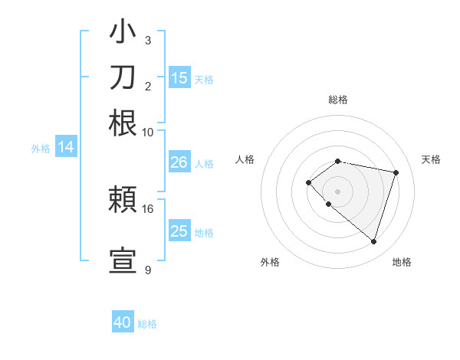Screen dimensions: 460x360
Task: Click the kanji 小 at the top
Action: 123,34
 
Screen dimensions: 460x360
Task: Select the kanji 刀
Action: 123,79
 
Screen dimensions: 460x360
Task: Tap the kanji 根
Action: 123,123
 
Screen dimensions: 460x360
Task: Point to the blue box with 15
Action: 179,77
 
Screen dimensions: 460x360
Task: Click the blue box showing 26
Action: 179,162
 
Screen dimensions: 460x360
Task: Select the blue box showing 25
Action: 179,231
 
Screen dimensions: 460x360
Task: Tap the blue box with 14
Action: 65,148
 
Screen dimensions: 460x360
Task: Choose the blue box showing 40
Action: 123,322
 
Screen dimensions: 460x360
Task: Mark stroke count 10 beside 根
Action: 148,132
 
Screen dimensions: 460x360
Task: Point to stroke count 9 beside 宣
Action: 148,270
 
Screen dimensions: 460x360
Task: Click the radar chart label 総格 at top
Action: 338,100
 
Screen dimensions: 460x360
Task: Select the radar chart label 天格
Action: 431,159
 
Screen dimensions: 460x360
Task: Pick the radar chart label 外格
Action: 270,262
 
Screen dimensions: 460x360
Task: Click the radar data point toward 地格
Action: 373,242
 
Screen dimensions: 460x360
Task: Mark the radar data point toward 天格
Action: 396,172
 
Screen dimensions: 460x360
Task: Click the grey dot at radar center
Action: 338,191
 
